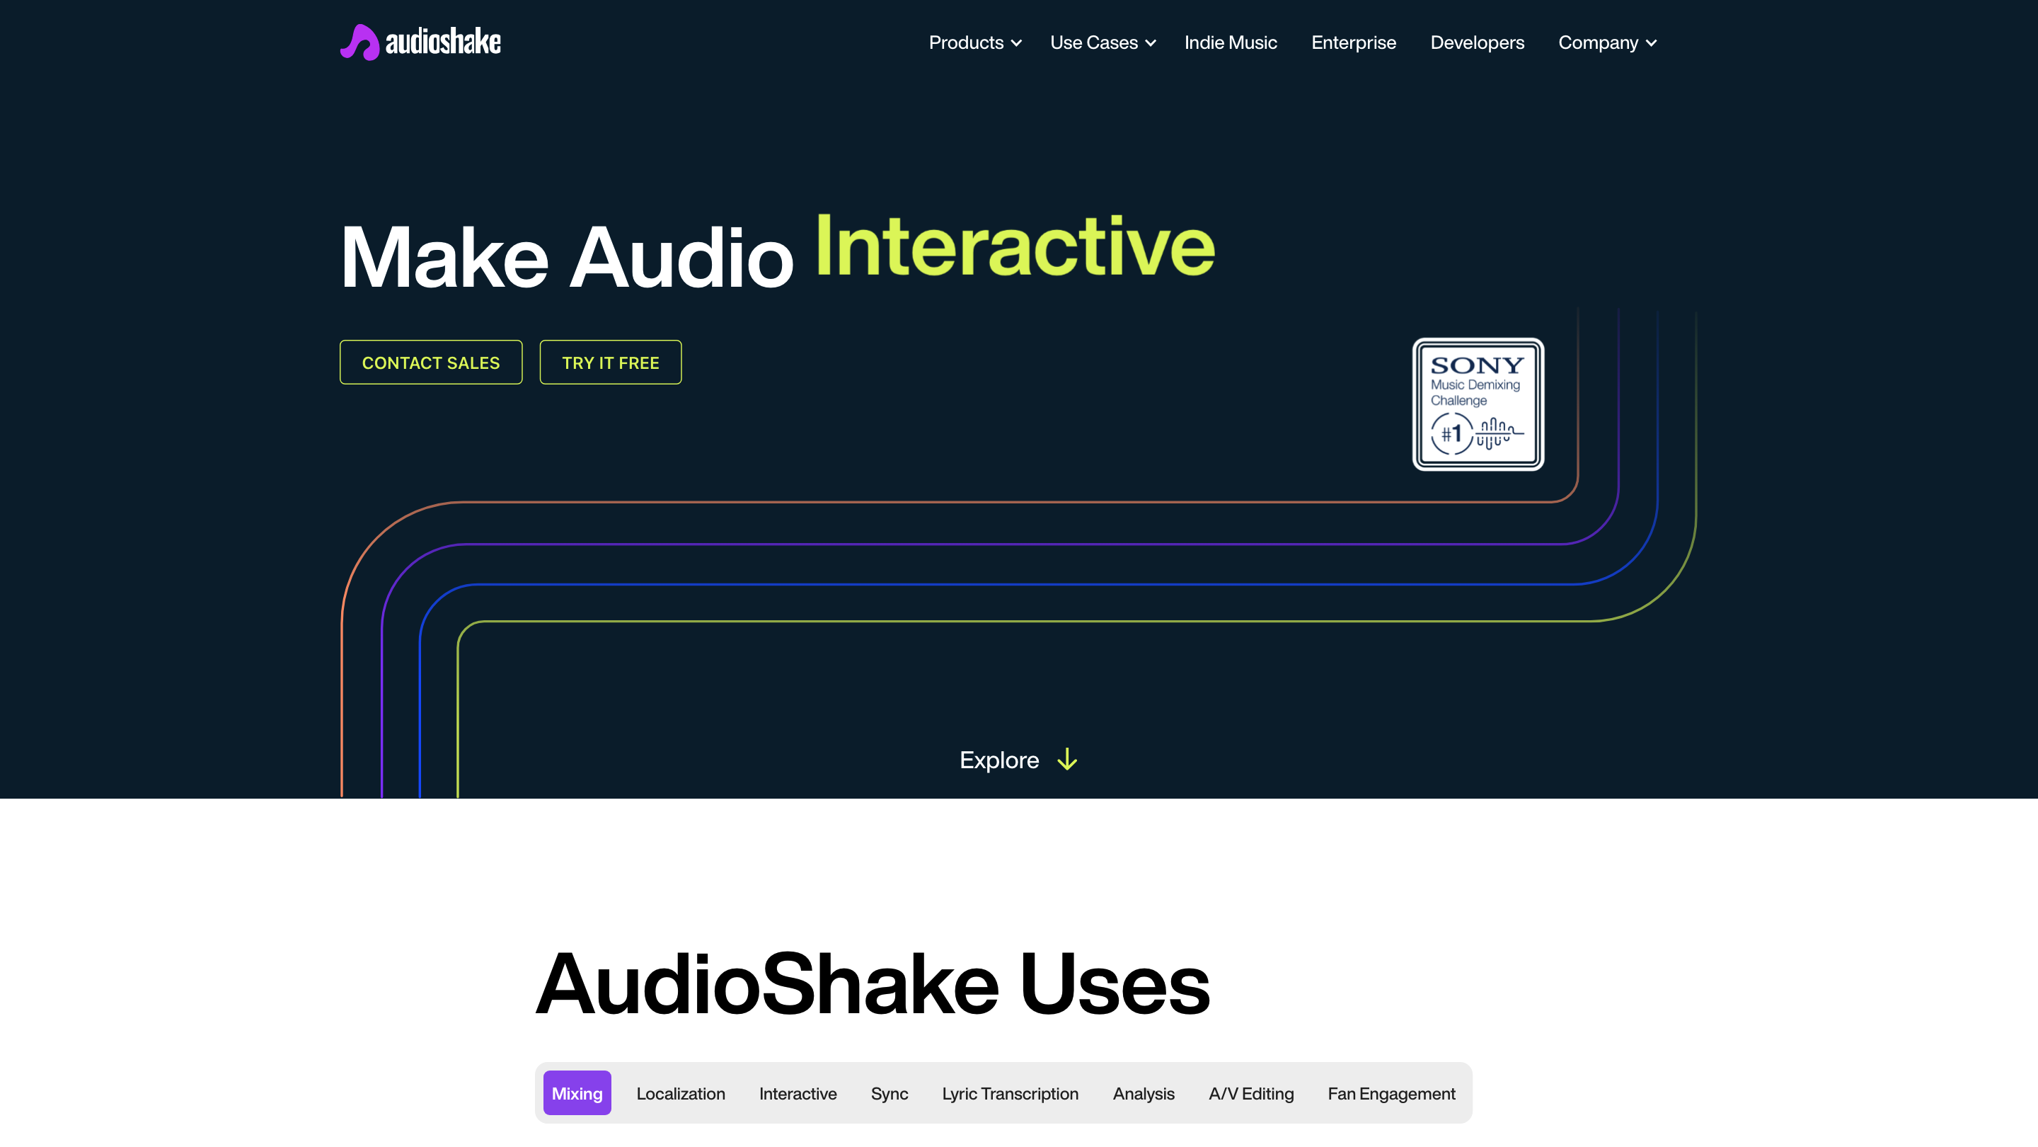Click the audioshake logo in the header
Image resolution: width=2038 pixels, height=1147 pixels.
420,42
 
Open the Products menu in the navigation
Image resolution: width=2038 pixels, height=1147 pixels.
974,42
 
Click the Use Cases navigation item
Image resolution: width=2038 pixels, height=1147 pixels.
1102,42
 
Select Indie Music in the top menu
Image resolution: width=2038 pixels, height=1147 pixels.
1231,42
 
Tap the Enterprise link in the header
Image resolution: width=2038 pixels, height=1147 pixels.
1353,42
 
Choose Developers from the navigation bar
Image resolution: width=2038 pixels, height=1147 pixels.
1476,42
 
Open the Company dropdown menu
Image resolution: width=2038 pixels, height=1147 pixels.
1606,42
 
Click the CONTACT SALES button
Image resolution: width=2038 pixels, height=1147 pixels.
430,363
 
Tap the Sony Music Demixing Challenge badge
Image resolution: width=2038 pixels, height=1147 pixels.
1478,404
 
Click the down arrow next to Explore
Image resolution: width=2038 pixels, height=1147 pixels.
1067,760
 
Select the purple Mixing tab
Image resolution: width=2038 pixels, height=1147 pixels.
577,1093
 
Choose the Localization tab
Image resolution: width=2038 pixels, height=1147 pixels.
680,1093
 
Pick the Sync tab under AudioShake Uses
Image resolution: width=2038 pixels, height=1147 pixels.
890,1093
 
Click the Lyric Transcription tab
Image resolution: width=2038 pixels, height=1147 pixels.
1010,1093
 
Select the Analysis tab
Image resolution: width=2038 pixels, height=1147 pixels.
1144,1093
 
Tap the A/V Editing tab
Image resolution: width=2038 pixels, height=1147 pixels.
1251,1093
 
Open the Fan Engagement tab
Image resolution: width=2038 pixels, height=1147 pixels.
1391,1093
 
